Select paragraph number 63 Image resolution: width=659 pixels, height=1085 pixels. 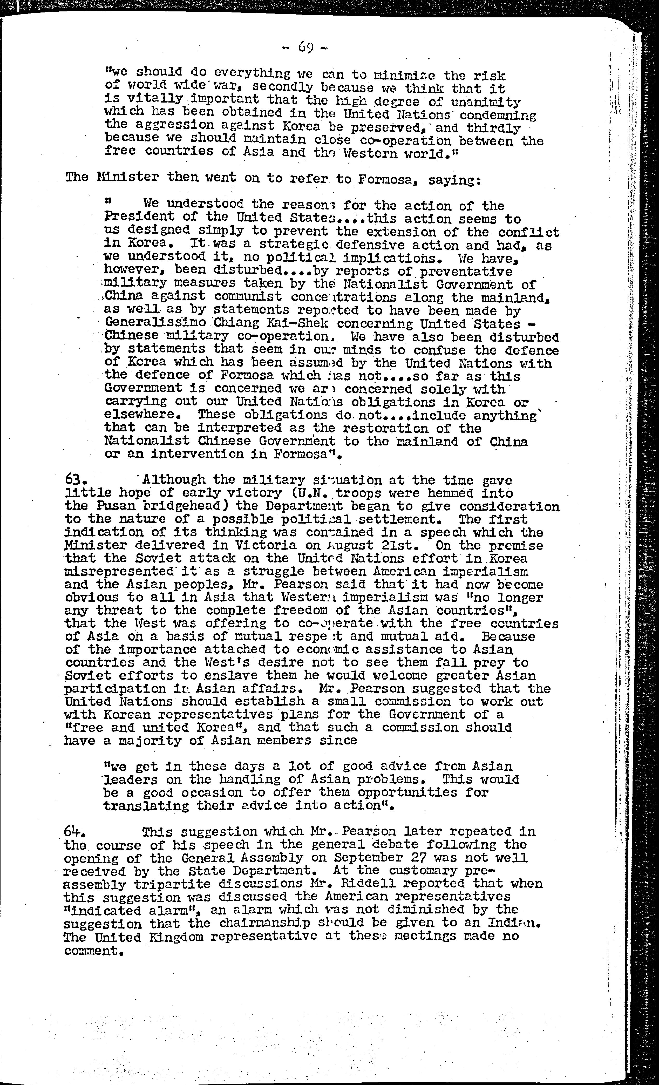pos(73,479)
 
